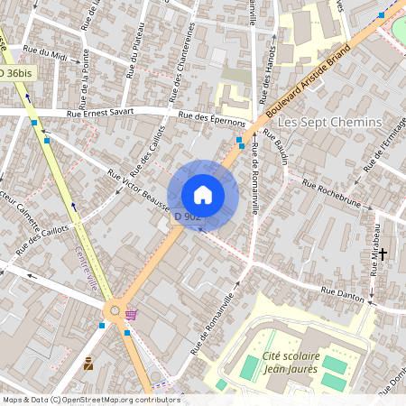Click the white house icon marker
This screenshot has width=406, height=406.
[203, 194]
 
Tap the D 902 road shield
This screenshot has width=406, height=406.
[187, 217]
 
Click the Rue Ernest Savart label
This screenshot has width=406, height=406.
[100, 113]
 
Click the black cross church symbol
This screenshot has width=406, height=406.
[383, 255]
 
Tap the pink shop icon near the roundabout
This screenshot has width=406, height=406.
[133, 315]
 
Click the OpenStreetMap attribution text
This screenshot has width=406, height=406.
[78, 400]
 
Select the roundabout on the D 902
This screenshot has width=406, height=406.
[115, 312]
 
